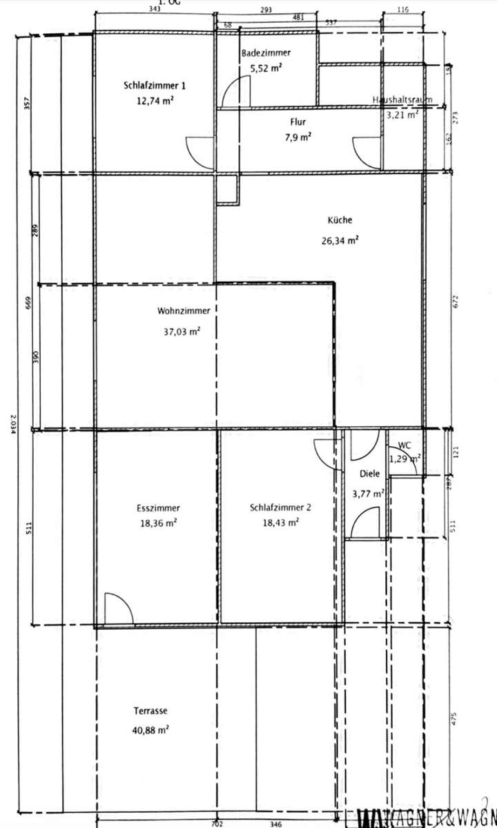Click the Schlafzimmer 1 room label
[x=155, y=86]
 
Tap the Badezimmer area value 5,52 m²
[x=265, y=68]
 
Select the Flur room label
[x=298, y=122]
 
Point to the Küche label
[x=340, y=220]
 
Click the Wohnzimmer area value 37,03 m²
[x=178, y=331]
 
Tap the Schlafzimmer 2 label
[x=281, y=508]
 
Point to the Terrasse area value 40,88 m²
[x=151, y=729]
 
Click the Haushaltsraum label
[x=402, y=100]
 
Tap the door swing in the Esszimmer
[x=116, y=607]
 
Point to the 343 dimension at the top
[x=154, y=9]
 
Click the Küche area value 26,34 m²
[x=343, y=240]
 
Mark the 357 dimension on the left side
[x=27, y=104]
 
